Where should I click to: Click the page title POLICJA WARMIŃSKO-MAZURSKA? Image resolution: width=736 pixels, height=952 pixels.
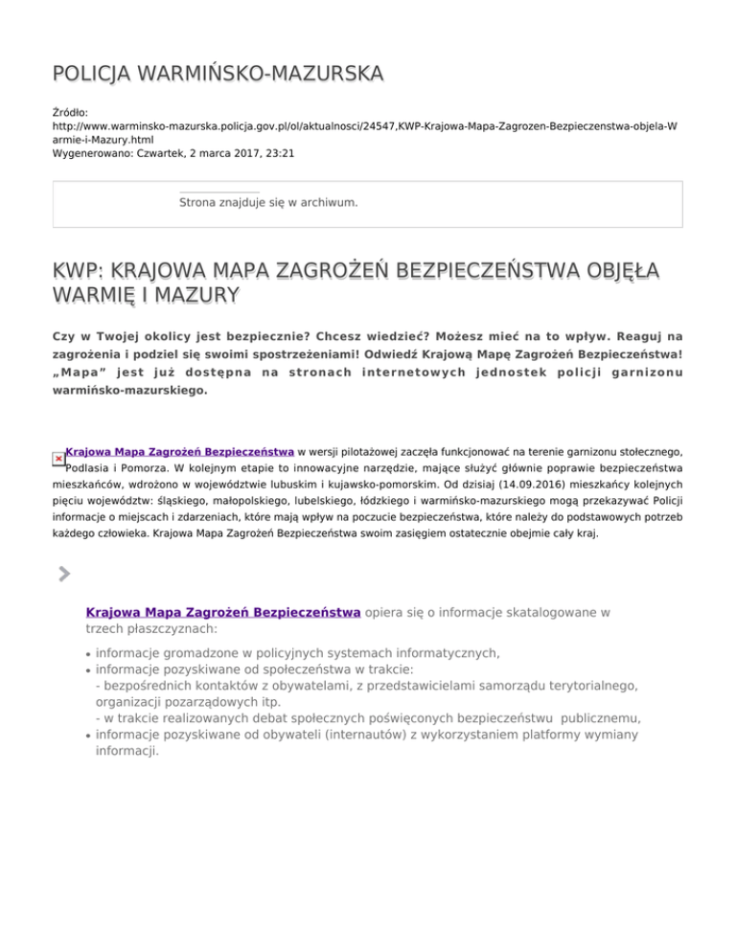pyautogui.click(x=218, y=73)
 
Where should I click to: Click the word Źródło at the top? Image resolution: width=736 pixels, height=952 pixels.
pyautogui.click(x=70, y=113)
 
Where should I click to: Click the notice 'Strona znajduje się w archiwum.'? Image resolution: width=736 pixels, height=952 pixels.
pyautogui.click(x=268, y=203)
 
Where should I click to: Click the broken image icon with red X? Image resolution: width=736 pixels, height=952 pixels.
pyautogui.click(x=59, y=459)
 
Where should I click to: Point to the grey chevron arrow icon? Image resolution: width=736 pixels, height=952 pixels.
pyautogui.click(x=63, y=574)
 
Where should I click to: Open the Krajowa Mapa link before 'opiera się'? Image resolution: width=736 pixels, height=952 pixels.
pyautogui.click(x=223, y=611)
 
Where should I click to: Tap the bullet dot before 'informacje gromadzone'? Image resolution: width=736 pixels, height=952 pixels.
pyautogui.click(x=87, y=655)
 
